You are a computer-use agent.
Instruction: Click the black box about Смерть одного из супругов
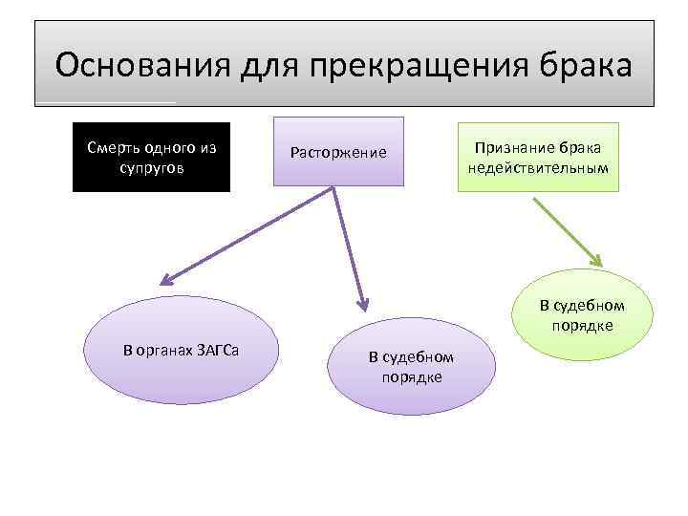152,158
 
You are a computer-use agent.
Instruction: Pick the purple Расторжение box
339,152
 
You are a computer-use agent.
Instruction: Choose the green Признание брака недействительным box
538,158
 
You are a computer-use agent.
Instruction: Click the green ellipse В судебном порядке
582,316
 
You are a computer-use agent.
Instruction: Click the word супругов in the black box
152,167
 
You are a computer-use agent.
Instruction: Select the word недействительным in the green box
538,167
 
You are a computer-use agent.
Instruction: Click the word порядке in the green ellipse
582,326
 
